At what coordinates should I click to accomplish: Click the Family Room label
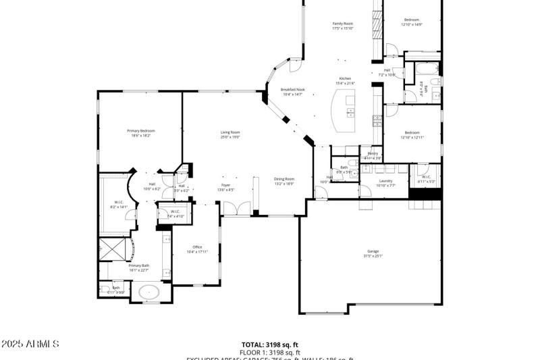point(342,26)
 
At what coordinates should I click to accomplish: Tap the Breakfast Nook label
point(292,91)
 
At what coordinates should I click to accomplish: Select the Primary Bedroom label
point(141,132)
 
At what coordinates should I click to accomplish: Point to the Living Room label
point(230,134)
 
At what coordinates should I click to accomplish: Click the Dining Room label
point(284,180)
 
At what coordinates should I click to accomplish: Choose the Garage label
point(373,253)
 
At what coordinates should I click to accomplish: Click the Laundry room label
point(385,182)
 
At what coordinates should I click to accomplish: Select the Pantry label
point(373,155)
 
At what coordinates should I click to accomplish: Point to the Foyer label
point(226,187)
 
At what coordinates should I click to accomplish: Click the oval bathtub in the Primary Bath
point(149,292)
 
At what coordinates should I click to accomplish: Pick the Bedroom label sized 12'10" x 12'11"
point(412,134)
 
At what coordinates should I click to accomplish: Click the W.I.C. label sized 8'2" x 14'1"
point(118,205)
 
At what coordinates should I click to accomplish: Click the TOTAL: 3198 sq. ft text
point(270,344)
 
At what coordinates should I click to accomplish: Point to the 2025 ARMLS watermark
point(30,344)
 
